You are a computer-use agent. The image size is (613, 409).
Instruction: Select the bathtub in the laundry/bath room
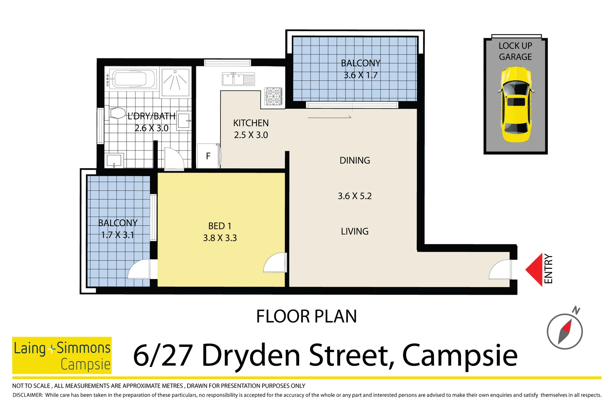coord(130,79)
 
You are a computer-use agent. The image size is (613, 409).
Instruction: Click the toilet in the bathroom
coord(117,113)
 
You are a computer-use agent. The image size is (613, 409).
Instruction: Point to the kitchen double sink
coord(238,79)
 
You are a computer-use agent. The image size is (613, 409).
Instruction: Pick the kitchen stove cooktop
coord(273,96)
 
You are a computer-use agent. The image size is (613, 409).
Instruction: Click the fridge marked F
coord(208,156)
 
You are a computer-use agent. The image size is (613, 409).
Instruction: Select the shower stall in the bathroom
coord(175,81)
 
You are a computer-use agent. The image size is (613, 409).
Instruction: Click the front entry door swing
coord(500,270)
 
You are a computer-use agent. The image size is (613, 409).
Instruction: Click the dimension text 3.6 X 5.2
coord(355,196)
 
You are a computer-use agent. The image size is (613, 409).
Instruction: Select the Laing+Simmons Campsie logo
coord(62,355)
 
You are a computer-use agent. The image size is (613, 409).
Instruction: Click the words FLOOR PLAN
coord(306,316)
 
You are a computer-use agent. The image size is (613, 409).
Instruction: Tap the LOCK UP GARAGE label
coord(515,51)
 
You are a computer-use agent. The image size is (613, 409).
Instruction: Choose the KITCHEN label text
coord(251,123)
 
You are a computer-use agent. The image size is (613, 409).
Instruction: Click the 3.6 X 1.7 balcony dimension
coord(360,75)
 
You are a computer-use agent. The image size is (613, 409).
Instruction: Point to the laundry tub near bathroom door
coord(114,160)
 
